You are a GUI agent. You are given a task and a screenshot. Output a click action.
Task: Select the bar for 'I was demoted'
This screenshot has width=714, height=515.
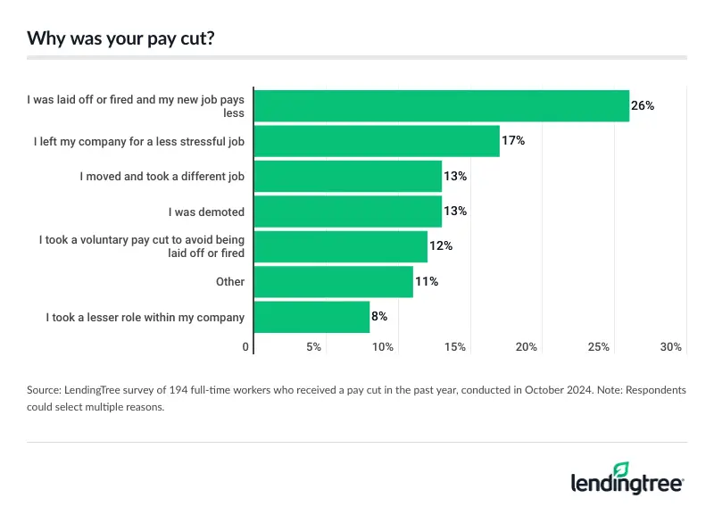pyautogui.click(x=348, y=212)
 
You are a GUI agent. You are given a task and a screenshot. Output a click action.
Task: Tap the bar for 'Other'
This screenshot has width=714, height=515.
pyautogui.click(x=334, y=282)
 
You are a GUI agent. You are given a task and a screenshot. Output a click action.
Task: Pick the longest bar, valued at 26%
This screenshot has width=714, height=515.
pyautogui.click(x=442, y=105)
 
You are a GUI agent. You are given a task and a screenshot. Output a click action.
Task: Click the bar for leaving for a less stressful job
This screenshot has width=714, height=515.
pyautogui.click(x=377, y=141)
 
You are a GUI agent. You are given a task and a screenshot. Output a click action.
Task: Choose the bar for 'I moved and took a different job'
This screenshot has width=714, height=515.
pyautogui.click(x=348, y=176)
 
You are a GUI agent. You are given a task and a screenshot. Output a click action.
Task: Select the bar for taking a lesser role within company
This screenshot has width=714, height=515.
pyautogui.click(x=312, y=317)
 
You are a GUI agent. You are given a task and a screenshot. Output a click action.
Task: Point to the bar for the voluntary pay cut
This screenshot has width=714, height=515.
pyautogui.click(x=341, y=246)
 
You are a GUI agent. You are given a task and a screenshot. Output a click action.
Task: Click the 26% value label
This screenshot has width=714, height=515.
pyautogui.click(x=643, y=105)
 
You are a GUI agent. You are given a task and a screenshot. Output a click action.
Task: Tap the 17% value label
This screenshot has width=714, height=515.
pyautogui.click(x=512, y=141)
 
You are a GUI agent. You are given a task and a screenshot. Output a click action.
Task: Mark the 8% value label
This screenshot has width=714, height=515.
pyautogui.click(x=379, y=317)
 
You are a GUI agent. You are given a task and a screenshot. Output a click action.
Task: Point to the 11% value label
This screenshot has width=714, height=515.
pyautogui.click(x=427, y=282)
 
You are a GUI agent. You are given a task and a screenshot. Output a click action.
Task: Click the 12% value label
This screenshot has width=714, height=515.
pyautogui.click(x=441, y=246)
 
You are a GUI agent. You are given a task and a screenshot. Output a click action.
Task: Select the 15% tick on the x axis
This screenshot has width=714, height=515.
pyautogui.click(x=455, y=346)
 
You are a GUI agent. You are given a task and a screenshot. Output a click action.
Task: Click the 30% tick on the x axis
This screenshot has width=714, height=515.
pyautogui.click(x=671, y=346)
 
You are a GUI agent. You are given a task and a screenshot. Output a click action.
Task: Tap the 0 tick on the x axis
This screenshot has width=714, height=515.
pyautogui.click(x=246, y=346)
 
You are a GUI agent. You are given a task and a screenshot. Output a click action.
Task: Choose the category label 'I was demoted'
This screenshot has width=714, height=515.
pyautogui.click(x=206, y=212)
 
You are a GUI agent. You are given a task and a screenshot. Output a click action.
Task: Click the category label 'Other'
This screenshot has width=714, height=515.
pyautogui.click(x=229, y=282)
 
